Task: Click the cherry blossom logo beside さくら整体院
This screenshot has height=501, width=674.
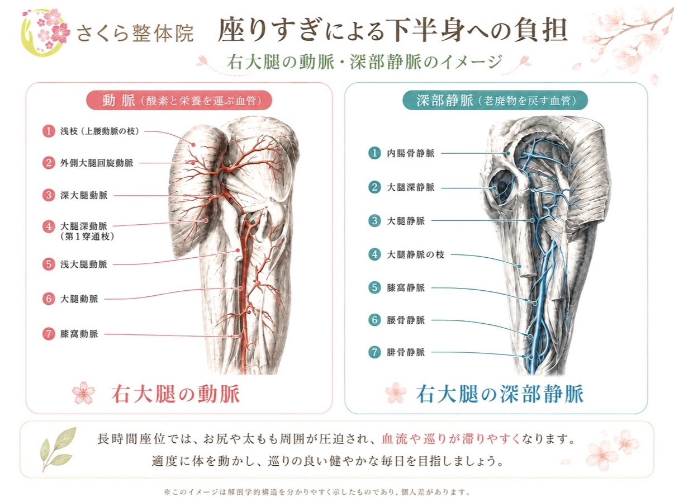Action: (46, 32)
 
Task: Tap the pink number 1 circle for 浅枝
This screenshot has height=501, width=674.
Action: (48, 131)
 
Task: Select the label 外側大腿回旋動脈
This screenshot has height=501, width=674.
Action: (97, 163)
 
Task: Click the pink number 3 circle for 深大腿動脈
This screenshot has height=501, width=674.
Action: (48, 195)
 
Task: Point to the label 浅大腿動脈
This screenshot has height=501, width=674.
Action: (84, 264)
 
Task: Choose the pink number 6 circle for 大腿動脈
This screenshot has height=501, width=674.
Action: (48, 299)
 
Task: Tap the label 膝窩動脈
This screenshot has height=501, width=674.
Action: (79, 334)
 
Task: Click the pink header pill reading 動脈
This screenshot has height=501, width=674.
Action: (179, 100)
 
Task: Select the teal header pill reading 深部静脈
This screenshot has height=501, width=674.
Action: (495, 100)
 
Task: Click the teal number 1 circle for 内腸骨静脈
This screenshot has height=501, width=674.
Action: (374, 153)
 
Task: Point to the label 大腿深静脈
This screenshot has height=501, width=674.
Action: (411, 187)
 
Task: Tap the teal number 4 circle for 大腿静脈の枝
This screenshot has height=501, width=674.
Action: (374, 254)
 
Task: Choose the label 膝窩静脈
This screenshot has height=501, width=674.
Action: (406, 287)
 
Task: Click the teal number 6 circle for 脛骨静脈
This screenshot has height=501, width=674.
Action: (374, 320)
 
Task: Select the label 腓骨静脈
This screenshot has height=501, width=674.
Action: (406, 352)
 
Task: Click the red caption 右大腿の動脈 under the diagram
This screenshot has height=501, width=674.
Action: (175, 394)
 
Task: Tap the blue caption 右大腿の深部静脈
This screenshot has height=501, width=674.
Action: (500, 394)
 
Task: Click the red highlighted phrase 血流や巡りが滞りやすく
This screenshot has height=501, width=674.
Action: (450, 439)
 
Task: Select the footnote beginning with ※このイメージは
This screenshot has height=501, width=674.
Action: (317, 491)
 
